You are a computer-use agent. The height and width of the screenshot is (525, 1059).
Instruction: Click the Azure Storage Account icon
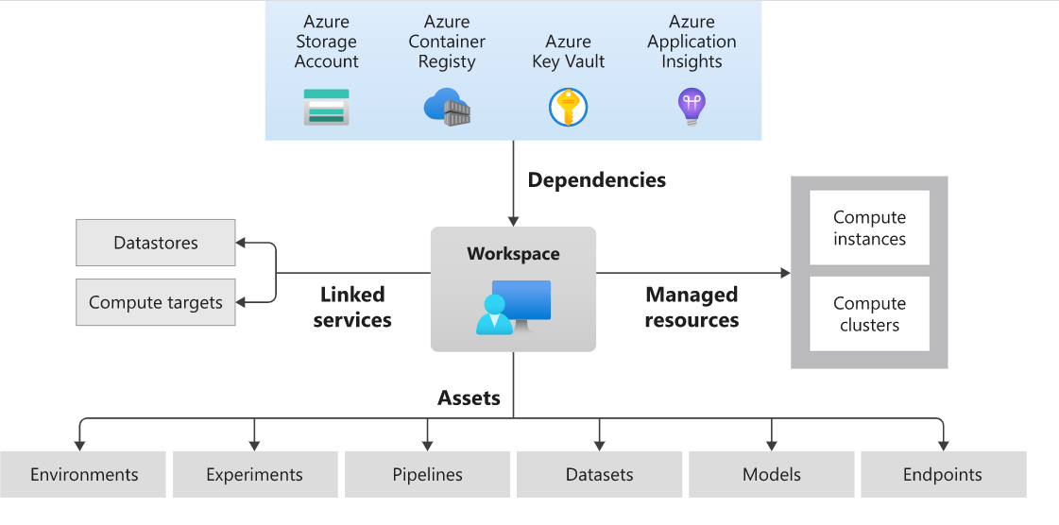point(326,108)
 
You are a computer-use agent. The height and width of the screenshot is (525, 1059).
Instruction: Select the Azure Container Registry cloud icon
point(447,107)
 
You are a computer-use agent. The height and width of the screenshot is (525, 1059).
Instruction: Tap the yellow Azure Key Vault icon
point(568,107)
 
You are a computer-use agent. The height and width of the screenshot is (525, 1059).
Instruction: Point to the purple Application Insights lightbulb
point(692,107)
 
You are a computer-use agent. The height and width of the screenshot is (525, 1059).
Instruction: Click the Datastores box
point(156,243)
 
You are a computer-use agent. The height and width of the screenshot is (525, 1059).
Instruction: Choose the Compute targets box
point(156,303)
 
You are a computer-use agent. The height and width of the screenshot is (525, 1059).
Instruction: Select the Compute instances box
point(869,229)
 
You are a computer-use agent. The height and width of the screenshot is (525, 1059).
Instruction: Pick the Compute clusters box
point(869,314)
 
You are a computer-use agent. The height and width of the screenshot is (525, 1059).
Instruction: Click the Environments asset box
point(84,475)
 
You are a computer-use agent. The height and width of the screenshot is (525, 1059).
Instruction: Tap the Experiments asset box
point(254,475)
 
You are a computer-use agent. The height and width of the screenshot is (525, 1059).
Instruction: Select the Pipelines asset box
point(427,475)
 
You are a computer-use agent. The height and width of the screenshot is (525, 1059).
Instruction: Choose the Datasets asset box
point(599,475)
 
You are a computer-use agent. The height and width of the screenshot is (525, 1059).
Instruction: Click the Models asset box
point(771,475)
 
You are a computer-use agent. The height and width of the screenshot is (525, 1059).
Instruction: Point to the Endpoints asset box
point(943,475)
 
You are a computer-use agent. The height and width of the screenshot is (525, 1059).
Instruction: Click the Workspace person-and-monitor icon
point(513,308)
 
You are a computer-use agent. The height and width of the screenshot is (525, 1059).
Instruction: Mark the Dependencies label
point(596,179)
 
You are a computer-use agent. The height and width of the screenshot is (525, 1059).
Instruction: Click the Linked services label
point(351,308)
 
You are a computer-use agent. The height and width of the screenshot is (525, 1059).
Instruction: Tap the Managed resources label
point(692,308)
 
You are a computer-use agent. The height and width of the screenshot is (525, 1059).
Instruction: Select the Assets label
point(469,398)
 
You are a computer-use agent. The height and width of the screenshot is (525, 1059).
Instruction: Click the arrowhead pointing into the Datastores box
point(241,243)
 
